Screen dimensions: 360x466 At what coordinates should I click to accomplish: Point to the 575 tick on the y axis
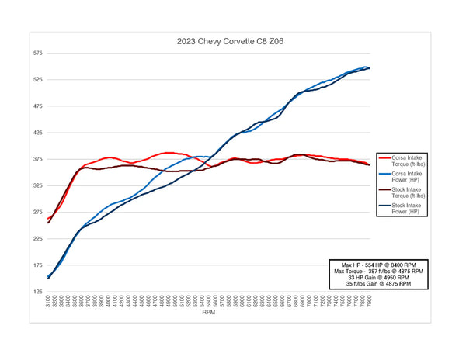[37, 54]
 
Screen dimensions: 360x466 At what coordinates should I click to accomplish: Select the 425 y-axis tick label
[37, 133]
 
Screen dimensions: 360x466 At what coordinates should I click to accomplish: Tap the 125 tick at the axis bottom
[37, 292]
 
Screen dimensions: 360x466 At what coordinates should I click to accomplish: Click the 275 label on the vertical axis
[37, 213]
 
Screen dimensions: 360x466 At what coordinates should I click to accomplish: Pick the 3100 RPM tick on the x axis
[48, 303]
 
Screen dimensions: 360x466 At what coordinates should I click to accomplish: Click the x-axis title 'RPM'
[209, 314]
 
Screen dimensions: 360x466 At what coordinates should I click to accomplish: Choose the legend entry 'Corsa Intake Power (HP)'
[404, 178]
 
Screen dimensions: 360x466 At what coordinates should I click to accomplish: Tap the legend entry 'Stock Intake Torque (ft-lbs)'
[405, 194]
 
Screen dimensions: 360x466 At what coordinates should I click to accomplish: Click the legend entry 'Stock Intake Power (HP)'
[404, 210]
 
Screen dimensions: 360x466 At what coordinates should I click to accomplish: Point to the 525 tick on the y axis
[37, 80]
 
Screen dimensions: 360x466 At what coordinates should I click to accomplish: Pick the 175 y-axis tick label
[37, 265]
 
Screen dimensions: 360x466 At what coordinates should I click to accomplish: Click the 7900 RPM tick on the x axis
[368, 303]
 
